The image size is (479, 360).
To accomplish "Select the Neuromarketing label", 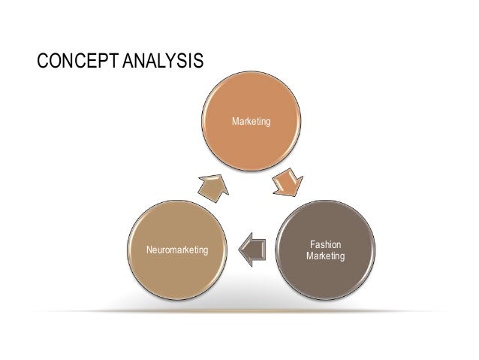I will pos(177,249).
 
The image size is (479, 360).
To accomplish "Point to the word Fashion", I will pos(326,245).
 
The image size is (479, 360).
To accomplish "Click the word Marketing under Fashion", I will pos(326,257).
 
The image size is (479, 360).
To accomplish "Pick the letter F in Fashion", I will pos(312,245).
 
